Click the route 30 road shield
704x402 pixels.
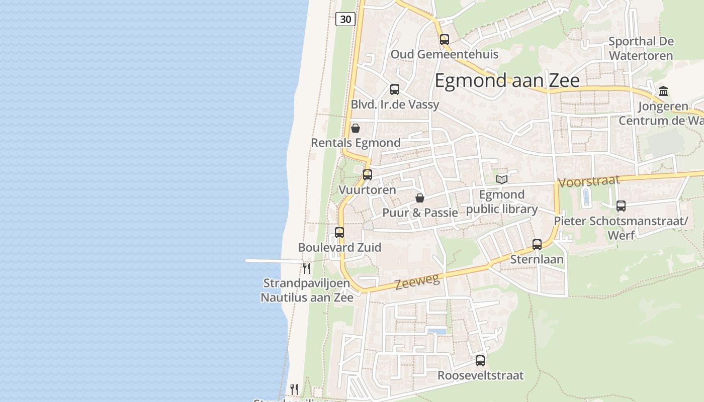pos(345,19)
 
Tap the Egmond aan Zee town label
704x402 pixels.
pos(507,80)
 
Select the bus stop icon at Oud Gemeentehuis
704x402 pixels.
pos(444,40)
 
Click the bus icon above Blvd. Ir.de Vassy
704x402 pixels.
pos(395,89)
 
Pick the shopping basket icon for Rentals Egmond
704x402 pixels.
pos(356,128)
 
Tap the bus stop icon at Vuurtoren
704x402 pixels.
pos(368,175)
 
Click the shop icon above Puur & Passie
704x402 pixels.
pos(420,198)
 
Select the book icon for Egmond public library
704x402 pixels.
pos(502,179)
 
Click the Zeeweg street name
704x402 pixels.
pos(417,281)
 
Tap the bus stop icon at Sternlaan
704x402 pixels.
pos(537,245)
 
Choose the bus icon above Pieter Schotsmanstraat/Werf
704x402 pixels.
pos(621,206)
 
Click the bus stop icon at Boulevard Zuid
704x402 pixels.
pos(339,233)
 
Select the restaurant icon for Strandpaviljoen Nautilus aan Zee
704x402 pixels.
pos(307,268)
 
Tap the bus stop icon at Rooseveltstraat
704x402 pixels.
pos(480,361)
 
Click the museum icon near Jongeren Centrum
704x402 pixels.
pos(663,91)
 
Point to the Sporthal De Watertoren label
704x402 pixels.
pos(641,48)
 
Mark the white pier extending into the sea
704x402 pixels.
pos(272,261)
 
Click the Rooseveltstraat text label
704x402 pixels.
pos(480,375)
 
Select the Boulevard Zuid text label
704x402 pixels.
pos(339,247)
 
